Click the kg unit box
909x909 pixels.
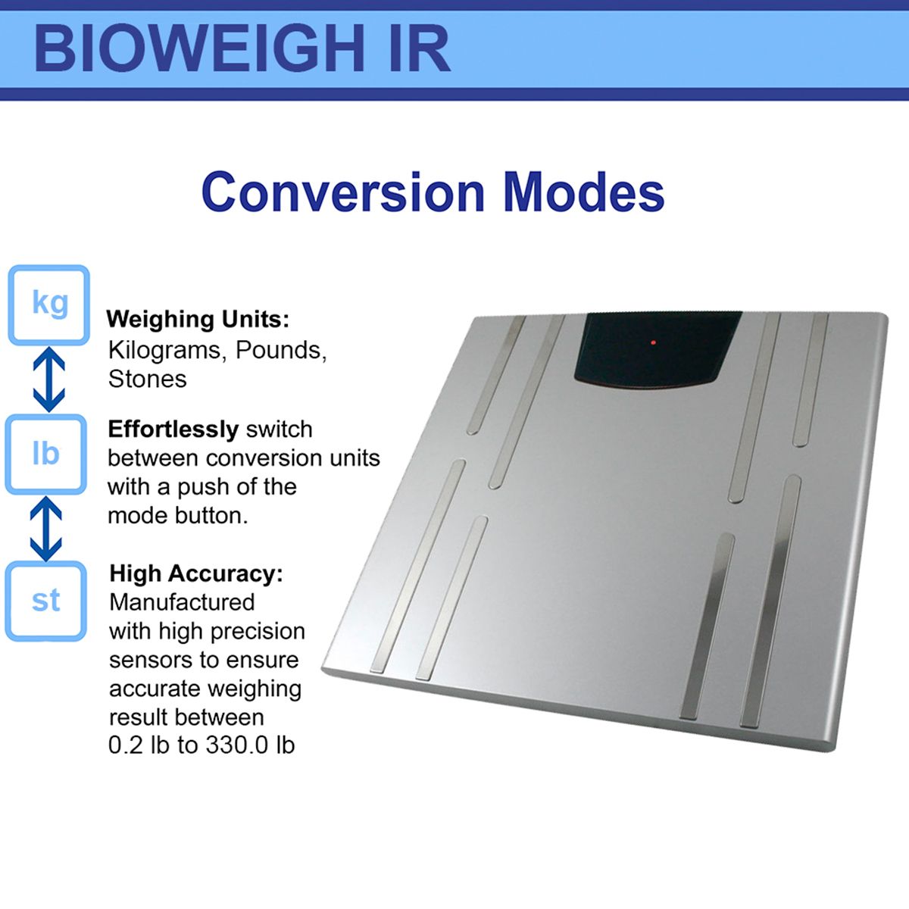pyautogui.click(x=49, y=305)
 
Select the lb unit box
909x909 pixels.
pyautogui.click(x=46, y=454)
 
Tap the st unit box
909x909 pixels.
pyautogui.click(x=46, y=601)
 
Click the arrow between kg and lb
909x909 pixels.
pyautogui.click(x=48, y=380)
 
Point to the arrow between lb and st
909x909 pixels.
pyautogui.click(x=46, y=528)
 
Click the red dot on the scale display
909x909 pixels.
pyautogui.click(x=653, y=343)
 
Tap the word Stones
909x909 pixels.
pyautogui.click(x=147, y=379)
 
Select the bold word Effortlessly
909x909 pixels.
pyautogui.click(x=173, y=430)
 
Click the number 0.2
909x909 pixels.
pyautogui.click(x=126, y=745)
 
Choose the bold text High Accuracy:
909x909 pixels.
pyautogui.click(x=195, y=573)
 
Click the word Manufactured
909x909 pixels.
pyautogui.click(x=182, y=602)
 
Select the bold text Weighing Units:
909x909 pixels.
pyautogui.click(x=198, y=319)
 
